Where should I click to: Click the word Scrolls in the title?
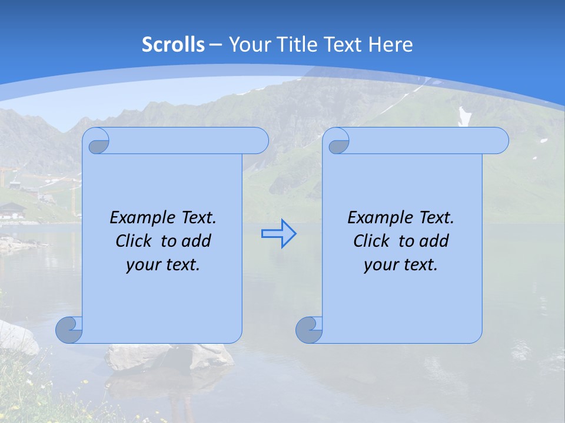pos(174,45)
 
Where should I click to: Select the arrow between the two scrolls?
pos(278,234)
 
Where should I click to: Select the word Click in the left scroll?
pos(133,241)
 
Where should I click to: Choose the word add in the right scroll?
pos(435,241)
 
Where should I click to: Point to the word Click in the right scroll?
pos(371,241)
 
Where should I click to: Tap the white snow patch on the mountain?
pos(465,116)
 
